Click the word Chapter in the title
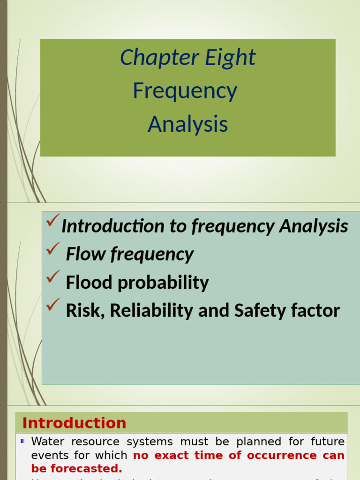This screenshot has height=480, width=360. pos(153,58)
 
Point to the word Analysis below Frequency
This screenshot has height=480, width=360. pos(187,124)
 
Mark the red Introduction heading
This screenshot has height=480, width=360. pos(74,423)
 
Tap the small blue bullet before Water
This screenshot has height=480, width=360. pos(22,442)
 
